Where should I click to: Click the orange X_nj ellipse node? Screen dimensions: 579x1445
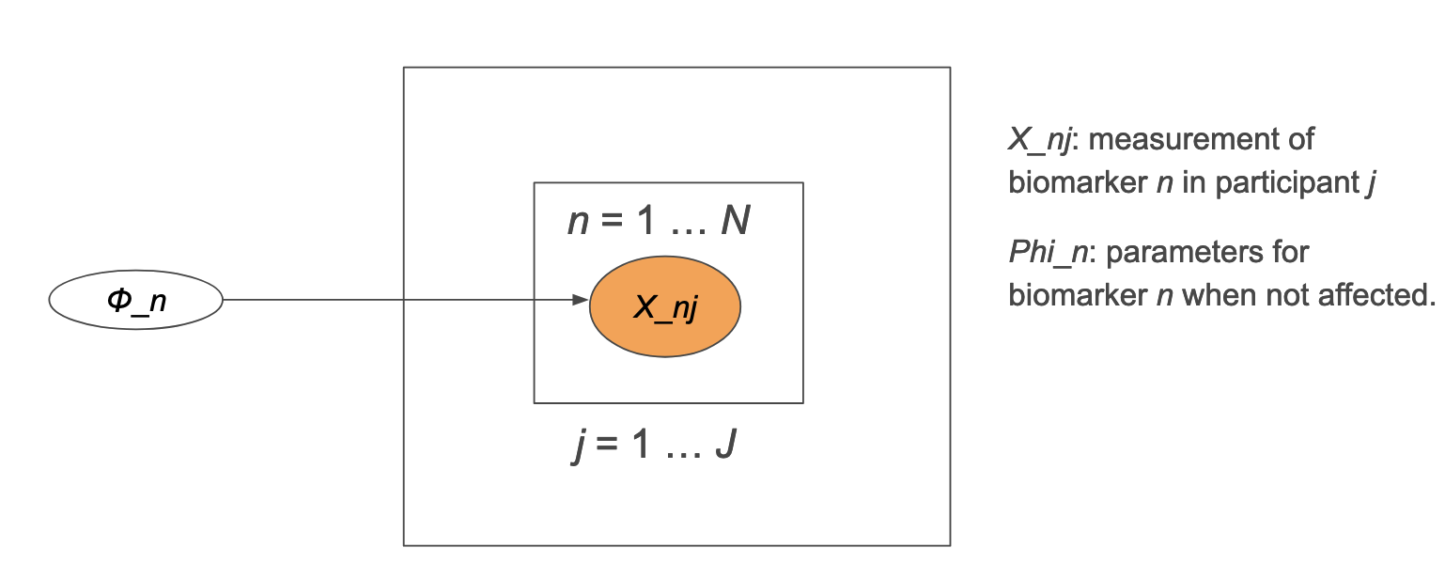pyautogui.click(x=665, y=306)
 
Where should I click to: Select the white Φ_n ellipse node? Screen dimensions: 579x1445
pyautogui.click(x=135, y=301)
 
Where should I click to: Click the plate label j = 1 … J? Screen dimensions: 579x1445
pyautogui.click(x=654, y=444)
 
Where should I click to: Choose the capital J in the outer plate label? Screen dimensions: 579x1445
pyautogui.click(x=724, y=444)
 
